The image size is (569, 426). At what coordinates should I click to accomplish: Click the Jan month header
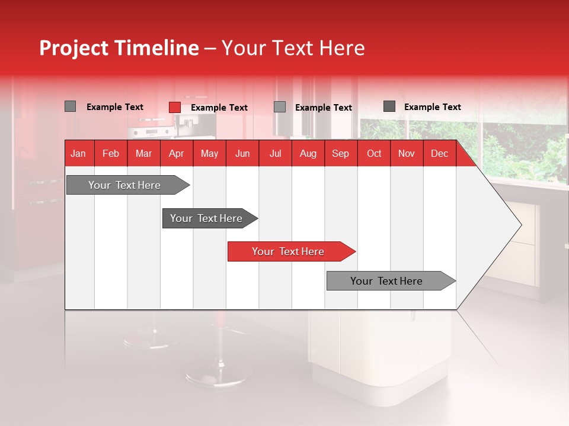pyautogui.click(x=78, y=154)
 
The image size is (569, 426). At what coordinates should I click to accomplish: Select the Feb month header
pyautogui.click(x=111, y=154)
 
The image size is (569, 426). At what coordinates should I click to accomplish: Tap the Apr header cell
pyautogui.click(x=176, y=154)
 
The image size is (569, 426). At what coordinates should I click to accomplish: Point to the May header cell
pyautogui.click(x=209, y=154)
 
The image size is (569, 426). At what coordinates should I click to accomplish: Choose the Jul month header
pyautogui.click(x=275, y=154)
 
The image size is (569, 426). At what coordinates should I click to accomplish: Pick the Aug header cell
pyautogui.click(x=308, y=154)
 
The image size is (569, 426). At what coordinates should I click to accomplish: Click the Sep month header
pyautogui.click(x=340, y=154)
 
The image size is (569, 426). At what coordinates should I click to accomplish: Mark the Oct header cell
pyautogui.click(x=374, y=154)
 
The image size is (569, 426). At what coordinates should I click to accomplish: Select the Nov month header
pyautogui.click(x=407, y=154)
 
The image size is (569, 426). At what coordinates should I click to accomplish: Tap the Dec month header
pyautogui.click(x=439, y=154)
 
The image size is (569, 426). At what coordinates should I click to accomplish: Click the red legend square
pyautogui.click(x=175, y=107)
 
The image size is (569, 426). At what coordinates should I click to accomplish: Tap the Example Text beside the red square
pyautogui.click(x=219, y=108)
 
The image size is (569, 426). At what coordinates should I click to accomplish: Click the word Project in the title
pyautogui.click(x=74, y=49)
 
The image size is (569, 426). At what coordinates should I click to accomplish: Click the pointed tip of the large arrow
pyautogui.click(x=519, y=225)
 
